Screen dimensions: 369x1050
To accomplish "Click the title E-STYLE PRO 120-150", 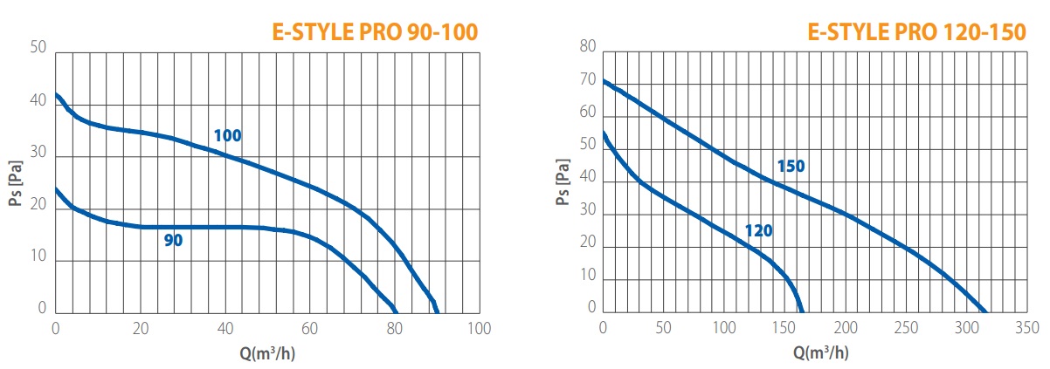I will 917,33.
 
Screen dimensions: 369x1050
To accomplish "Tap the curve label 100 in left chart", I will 227,136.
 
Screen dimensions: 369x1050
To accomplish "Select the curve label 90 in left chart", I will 173,240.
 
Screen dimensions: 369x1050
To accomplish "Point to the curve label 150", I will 791,167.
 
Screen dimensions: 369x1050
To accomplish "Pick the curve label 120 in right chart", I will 758,231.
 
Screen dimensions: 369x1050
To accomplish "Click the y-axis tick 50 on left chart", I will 38,48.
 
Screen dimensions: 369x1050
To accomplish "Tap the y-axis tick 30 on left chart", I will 38,154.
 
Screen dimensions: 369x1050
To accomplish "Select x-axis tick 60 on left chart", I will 310,329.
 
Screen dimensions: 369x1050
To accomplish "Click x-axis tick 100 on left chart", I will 479,329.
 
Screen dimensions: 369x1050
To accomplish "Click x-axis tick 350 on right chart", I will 1027,329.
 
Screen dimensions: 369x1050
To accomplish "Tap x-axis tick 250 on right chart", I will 906,329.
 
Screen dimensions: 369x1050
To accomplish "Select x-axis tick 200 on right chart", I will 846,329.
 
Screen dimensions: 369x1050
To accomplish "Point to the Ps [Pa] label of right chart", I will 563,182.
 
